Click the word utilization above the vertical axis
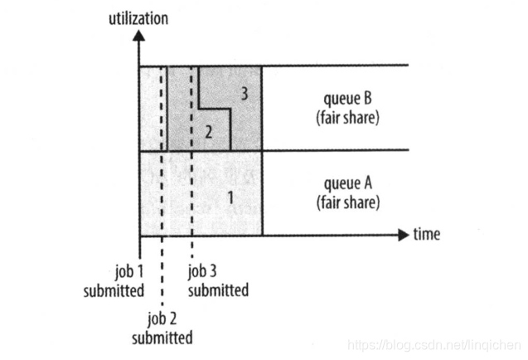[138, 17]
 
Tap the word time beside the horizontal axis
[426, 235]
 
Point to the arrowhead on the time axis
[403, 235]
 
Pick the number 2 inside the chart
[208, 132]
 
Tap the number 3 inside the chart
[244, 94]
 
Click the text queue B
[347, 99]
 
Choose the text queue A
[347, 183]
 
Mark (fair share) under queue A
[347, 202]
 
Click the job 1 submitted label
[114, 280]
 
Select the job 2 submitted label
[162, 328]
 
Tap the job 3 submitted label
[218, 280]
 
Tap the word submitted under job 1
[114, 290]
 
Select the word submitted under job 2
[162, 338]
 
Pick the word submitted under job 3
[218, 290]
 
